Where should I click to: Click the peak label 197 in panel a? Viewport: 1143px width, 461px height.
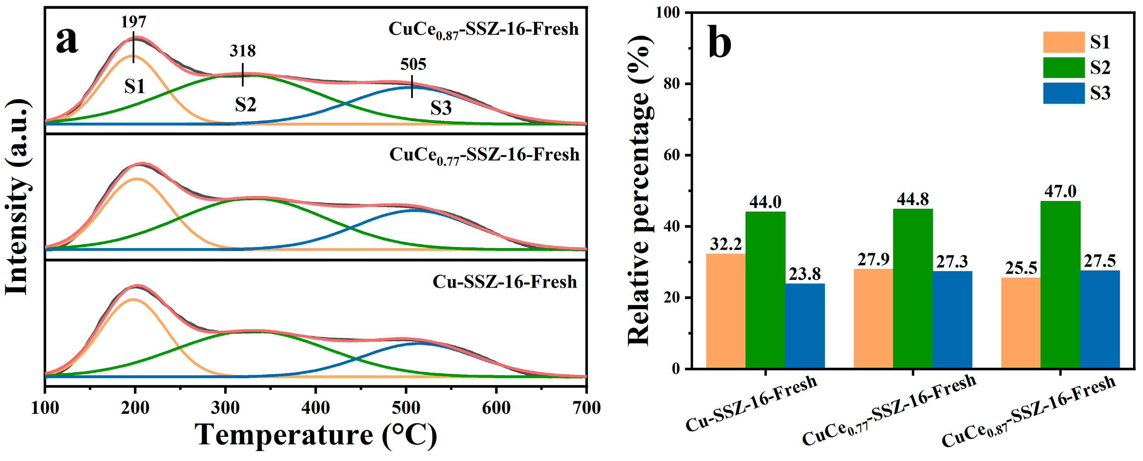tap(134, 22)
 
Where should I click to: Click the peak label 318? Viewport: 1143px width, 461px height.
tap(242, 51)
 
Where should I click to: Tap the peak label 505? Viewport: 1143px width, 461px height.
tap(413, 65)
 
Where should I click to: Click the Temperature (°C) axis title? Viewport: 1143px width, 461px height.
tap(316, 435)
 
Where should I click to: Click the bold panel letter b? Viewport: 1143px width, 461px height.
tap(719, 43)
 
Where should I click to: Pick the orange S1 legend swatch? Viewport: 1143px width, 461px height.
tap(1064, 42)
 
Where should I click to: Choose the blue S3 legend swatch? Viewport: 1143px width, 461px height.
tap(1064, 93)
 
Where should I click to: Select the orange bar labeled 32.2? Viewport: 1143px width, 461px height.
tap(725, 311)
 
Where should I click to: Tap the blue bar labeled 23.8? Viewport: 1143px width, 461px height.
tap(804, 326)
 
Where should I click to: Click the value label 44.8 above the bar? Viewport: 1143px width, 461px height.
tap(913, 199)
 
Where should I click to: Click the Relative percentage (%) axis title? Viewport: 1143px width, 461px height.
tap(639, 191)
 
